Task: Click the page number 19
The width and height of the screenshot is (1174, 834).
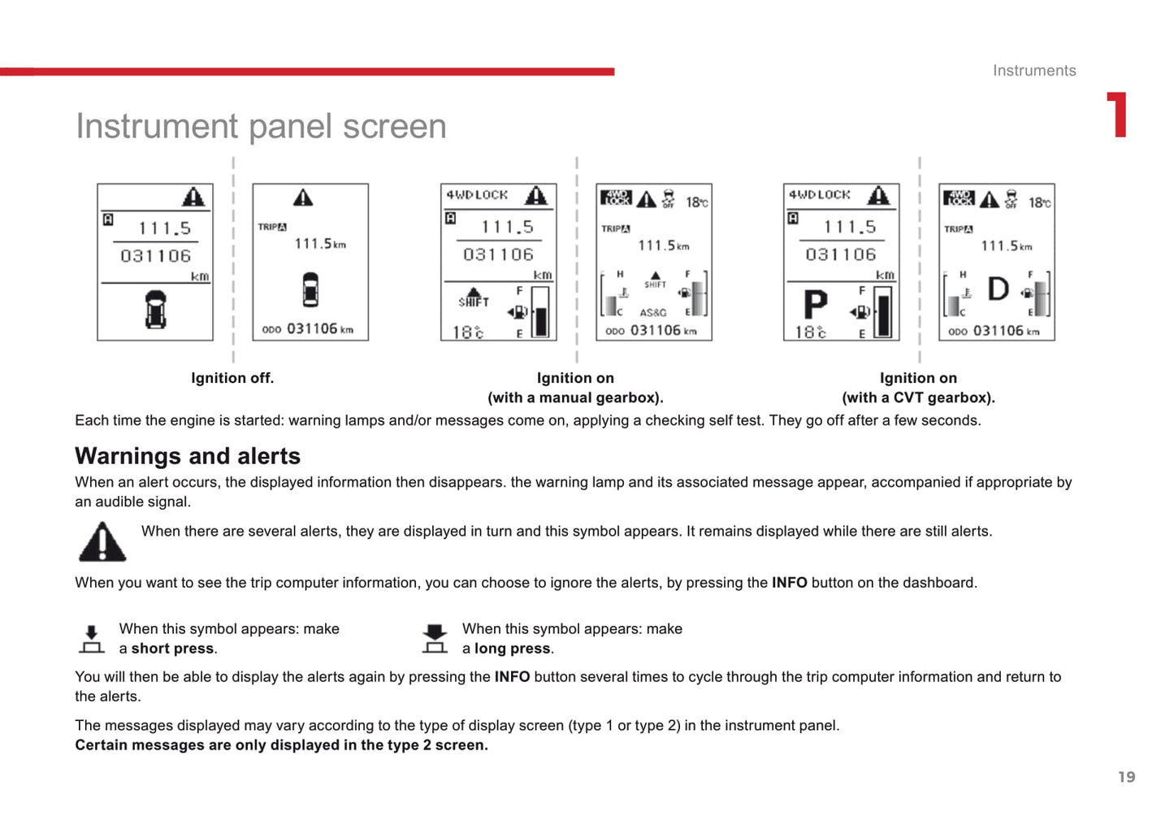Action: coord(1126,777)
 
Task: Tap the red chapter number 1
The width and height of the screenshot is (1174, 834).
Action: coord(1118,115)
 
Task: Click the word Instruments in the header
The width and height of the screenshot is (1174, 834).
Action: coord(1033,71)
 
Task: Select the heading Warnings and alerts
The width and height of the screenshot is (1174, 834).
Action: coord(188,456)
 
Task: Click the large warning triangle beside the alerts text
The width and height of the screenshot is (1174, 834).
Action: coord(102,541)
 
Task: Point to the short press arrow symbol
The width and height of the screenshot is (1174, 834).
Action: coord(92,639)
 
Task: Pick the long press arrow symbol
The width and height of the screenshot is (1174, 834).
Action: coord(435,639)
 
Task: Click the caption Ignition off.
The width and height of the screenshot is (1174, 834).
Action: coord(232,378)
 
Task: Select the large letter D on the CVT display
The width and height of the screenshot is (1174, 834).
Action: coord(998,289)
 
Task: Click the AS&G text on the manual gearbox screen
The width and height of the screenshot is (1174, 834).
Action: coord(652,313)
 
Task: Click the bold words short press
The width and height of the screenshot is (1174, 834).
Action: coord(172,649)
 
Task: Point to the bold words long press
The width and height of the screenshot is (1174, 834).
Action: coord(513,649)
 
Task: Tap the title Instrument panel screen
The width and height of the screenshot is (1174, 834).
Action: coord(261,126)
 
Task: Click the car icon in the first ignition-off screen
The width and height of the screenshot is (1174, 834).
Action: coord(155,309)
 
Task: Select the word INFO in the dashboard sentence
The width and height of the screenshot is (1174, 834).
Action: coord(789,583)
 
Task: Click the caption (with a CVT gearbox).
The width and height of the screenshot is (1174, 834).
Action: coord(918,397)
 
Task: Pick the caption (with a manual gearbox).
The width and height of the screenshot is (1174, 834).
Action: coord(575,397)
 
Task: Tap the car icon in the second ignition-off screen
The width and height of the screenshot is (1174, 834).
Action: coord(310,290)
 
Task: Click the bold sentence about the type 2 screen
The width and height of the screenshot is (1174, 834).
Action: coord(281,745)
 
